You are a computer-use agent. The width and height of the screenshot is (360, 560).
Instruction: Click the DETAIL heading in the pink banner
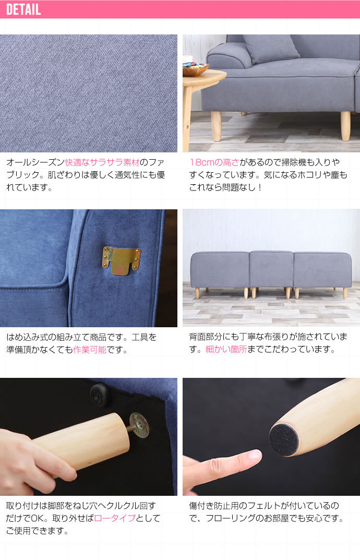[23, 9]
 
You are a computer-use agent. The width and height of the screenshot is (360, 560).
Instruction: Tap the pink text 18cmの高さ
[214, 162]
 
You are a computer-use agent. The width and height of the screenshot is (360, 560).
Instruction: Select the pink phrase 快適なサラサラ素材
[102, 162]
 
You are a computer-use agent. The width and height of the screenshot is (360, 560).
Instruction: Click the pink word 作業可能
[90, 350]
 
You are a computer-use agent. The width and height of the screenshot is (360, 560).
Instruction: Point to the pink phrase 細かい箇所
[226, 349]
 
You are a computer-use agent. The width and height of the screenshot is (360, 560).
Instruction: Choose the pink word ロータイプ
[115, 518]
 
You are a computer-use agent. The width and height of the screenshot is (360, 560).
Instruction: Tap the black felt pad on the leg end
[284, 440]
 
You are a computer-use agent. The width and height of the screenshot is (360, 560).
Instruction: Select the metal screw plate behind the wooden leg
[140, 425]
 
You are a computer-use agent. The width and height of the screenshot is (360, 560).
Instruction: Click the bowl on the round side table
[195, 69]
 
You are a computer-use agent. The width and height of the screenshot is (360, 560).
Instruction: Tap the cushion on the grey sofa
[271, 49]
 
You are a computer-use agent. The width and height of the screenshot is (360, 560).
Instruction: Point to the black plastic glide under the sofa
[99, 394]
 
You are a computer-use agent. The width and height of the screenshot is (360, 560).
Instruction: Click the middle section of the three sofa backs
[271, 269]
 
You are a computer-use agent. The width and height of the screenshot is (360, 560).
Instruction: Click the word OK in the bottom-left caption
[37, 518]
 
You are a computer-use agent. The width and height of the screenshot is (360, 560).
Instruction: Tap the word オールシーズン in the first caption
[35, 162]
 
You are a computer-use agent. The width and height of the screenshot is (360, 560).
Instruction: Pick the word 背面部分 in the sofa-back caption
[206, 337]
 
